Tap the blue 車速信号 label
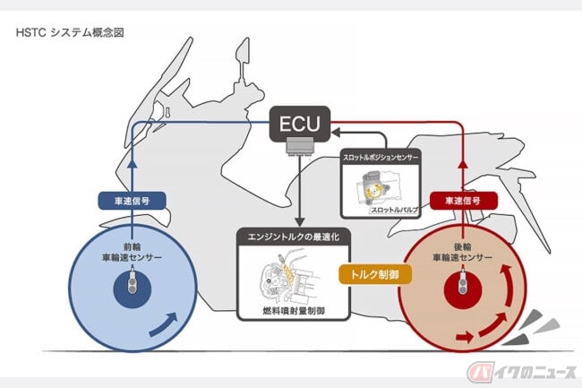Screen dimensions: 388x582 pos(133,202)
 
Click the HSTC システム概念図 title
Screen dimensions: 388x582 pos(68,32)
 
